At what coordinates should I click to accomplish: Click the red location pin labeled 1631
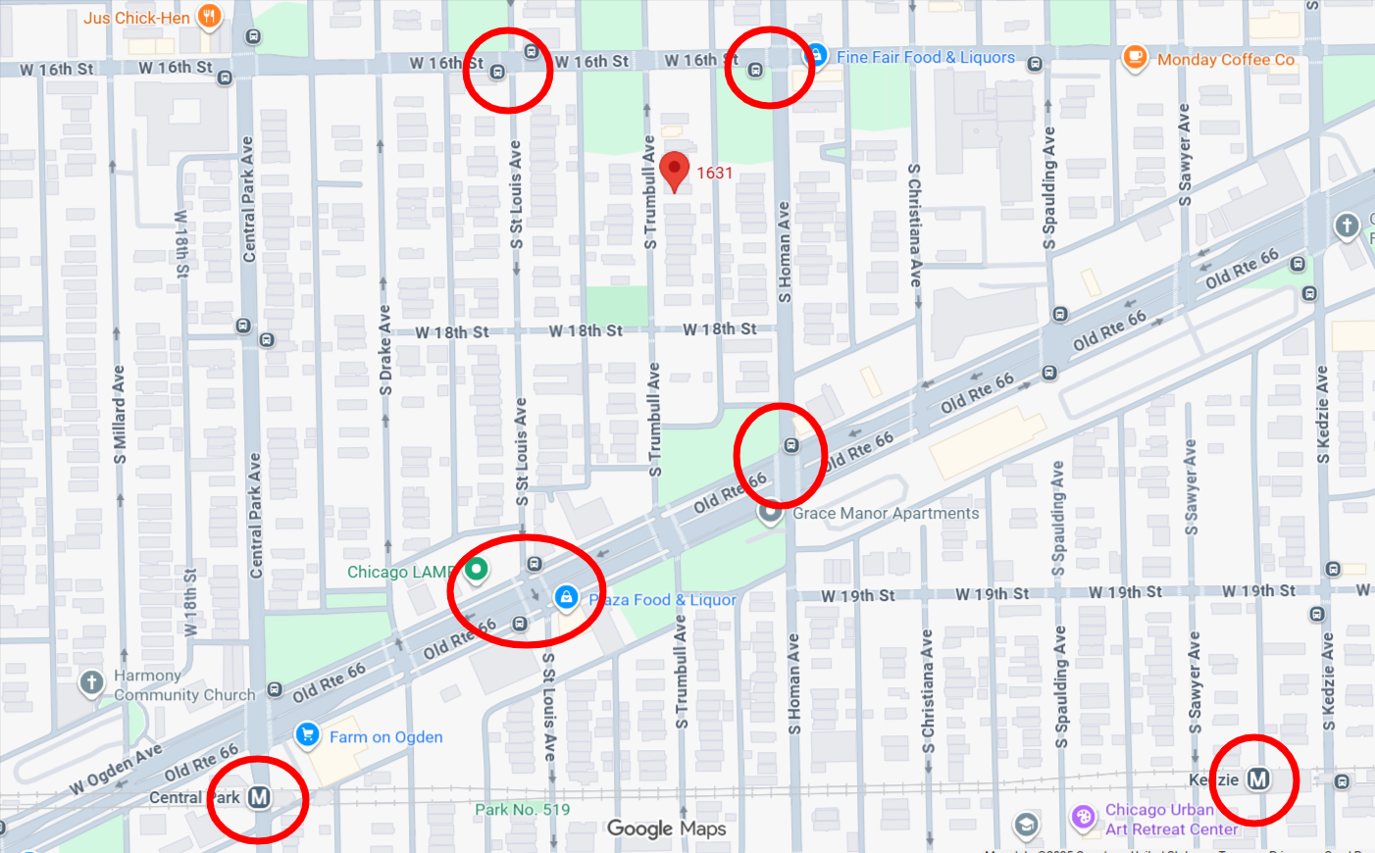[x=674, y=170]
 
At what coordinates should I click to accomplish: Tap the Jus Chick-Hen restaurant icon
[x=208, y=16]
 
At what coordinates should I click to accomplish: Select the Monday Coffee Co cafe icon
[x=1135, y=58]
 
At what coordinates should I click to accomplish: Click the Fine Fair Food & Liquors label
[x=925, y=58]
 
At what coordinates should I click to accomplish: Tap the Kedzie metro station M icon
[x=1258, y=779]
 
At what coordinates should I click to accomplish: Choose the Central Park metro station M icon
[x=259, y=797]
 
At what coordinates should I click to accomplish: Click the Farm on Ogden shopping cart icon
[x=307, y=734]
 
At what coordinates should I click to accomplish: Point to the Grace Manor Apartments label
[x=886, y=513]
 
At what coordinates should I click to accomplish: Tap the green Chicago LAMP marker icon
[x=476, y=568]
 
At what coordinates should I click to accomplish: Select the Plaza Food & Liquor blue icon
[x=566, y=596]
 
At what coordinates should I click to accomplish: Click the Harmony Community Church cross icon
[x=91, y=682]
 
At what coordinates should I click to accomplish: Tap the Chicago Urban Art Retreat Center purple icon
[x=1083, y=817]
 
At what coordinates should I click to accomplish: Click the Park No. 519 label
[x=522, y=809]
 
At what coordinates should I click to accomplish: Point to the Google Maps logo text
[x=666, y=828]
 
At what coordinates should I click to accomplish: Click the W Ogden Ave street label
[x=115, y=770]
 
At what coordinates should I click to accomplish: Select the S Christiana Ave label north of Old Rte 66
[x=914, y=226]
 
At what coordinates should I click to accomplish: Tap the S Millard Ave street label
[x=119, y=415]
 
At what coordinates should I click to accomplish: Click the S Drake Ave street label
[x=385, y=350]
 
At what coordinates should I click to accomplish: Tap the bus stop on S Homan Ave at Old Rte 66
[x=790, y=445]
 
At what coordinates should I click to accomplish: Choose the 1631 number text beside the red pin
[x=714, y=173]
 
